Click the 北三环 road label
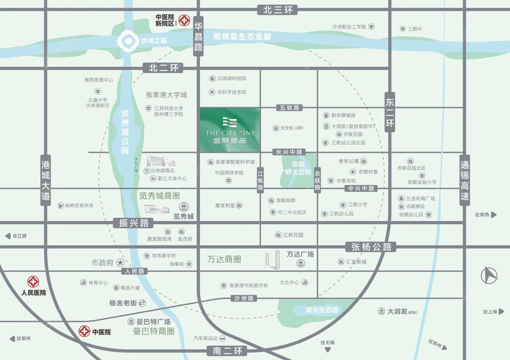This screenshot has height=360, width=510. tap(278, 10)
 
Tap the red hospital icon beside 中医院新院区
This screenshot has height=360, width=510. tap(184, 20)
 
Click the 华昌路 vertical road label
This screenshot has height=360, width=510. tap(198, 36)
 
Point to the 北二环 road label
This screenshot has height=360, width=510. tap(164, 68)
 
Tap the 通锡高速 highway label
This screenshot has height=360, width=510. tap(465, 180)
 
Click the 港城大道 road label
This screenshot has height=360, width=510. tap(46, 180)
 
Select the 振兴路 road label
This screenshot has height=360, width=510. tap(133, 223)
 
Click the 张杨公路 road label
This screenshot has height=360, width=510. tap(372, 247)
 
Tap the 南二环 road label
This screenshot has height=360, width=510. tap(227, 351)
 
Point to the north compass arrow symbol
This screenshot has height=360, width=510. tap(489, 275)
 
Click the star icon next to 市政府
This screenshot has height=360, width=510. tap(120, 263)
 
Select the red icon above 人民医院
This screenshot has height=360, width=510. tap(33, 282)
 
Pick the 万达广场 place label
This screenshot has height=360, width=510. tap(300, 254)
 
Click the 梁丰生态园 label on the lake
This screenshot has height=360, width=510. tap(316, 310)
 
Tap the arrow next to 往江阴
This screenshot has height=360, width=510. tap(8, 236)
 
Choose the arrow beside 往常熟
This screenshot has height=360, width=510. tap(494, 215)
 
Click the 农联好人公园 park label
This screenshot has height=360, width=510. tap(296, 168)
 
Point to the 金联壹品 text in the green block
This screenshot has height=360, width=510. tap(229, 140)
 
